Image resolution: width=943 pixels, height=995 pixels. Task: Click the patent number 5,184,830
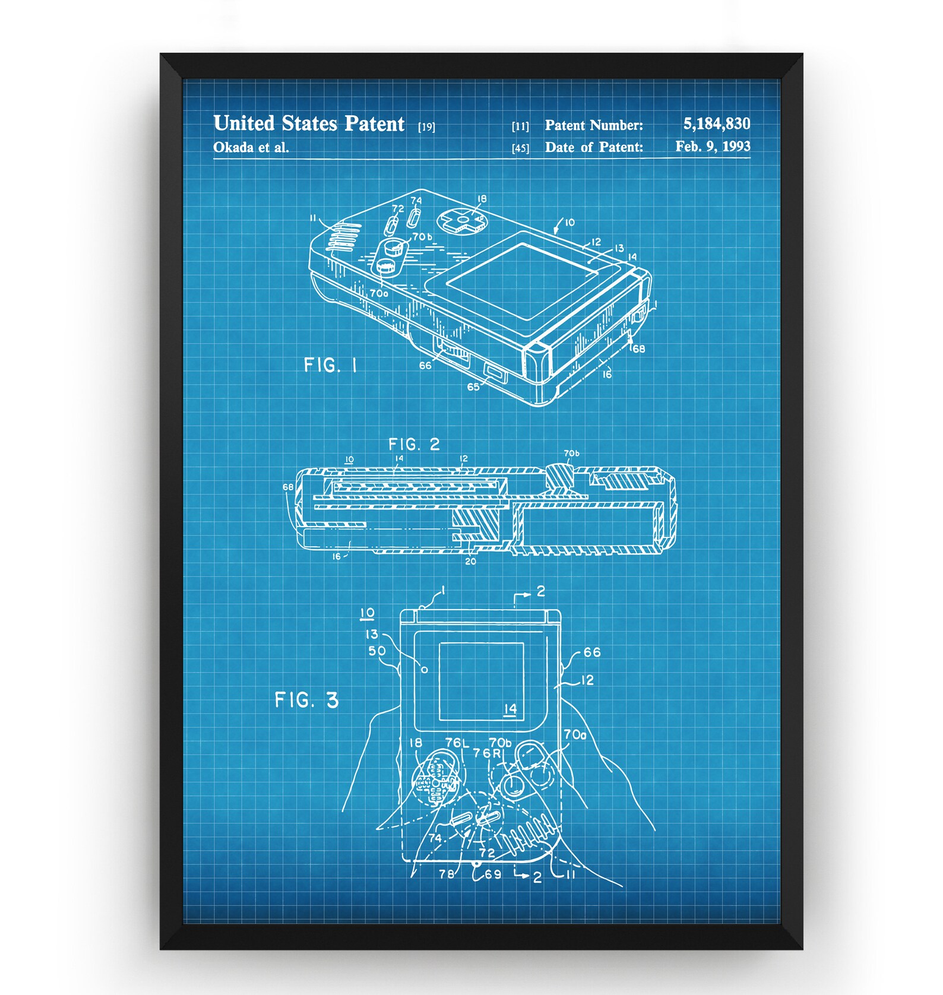click(716, 123)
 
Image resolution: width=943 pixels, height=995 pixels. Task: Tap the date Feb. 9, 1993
click(712, 146)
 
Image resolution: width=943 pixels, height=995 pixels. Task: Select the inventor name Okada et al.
click(251, 147)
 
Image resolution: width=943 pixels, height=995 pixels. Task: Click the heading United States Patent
click(309, 123)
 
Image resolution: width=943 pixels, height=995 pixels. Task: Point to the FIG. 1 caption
click(330, 365)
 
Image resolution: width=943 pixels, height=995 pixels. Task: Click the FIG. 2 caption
click(414, 444)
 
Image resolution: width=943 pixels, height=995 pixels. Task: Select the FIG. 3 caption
click(306, 700)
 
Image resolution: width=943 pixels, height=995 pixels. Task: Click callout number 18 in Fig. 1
click(482, 199)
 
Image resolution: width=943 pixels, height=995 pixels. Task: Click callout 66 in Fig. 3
click(591, 652)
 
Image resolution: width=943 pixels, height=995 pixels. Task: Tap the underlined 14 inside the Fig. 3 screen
click(510, 709)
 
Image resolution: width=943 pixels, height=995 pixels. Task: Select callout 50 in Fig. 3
click(376, 651)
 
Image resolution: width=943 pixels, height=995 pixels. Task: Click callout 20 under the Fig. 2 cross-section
click(470, 561)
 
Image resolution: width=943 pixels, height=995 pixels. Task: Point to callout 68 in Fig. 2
click(288, 487)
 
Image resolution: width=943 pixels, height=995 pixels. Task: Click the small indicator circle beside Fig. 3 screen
click(424, 670)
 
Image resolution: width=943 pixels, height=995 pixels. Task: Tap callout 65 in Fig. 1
click(473, 387)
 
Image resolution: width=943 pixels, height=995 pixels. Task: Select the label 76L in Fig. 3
click(457, 743)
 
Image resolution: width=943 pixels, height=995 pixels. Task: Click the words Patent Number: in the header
click(594, 125)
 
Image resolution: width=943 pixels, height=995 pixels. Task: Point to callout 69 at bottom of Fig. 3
click(493, 874)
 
